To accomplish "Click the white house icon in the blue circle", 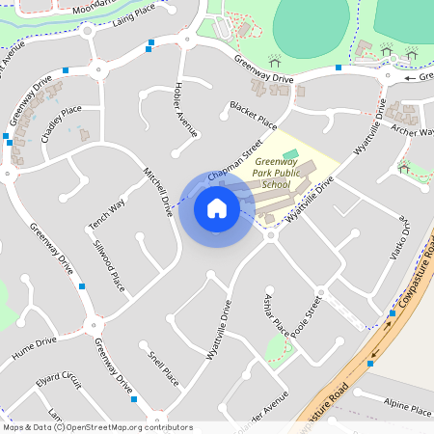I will pyautogui.click(x=216, y=207).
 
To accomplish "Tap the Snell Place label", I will pyautogui.click(x=163, y=368).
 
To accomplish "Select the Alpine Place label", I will pyautogui.click(x=408, y=407).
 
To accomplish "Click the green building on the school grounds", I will pyautogui.click(x=290, y=154).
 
